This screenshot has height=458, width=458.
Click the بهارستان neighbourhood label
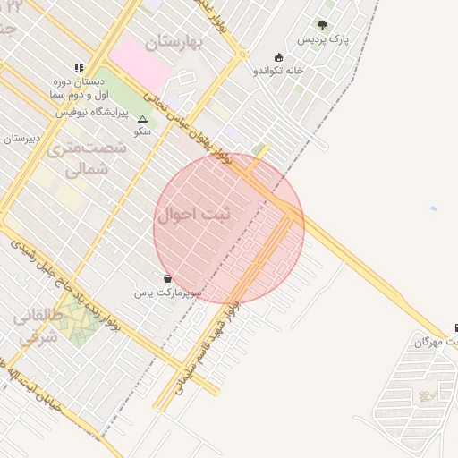[174, 41]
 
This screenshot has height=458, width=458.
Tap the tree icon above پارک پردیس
[322, 25]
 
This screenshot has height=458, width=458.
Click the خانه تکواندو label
[279, 70]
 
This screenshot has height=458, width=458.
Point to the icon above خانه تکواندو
[279, 56]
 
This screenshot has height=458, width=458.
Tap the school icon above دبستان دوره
[79, 67]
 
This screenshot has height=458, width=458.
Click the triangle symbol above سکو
[141, 118]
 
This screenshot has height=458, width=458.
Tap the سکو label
[141, 131]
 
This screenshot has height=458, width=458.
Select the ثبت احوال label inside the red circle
[193, 216]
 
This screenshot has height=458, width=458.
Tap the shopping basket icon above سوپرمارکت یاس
[168, 278]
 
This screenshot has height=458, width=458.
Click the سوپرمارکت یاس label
[168, 293]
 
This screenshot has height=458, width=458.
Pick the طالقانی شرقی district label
[38, 326]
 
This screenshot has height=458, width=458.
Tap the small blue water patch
[434, 208]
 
